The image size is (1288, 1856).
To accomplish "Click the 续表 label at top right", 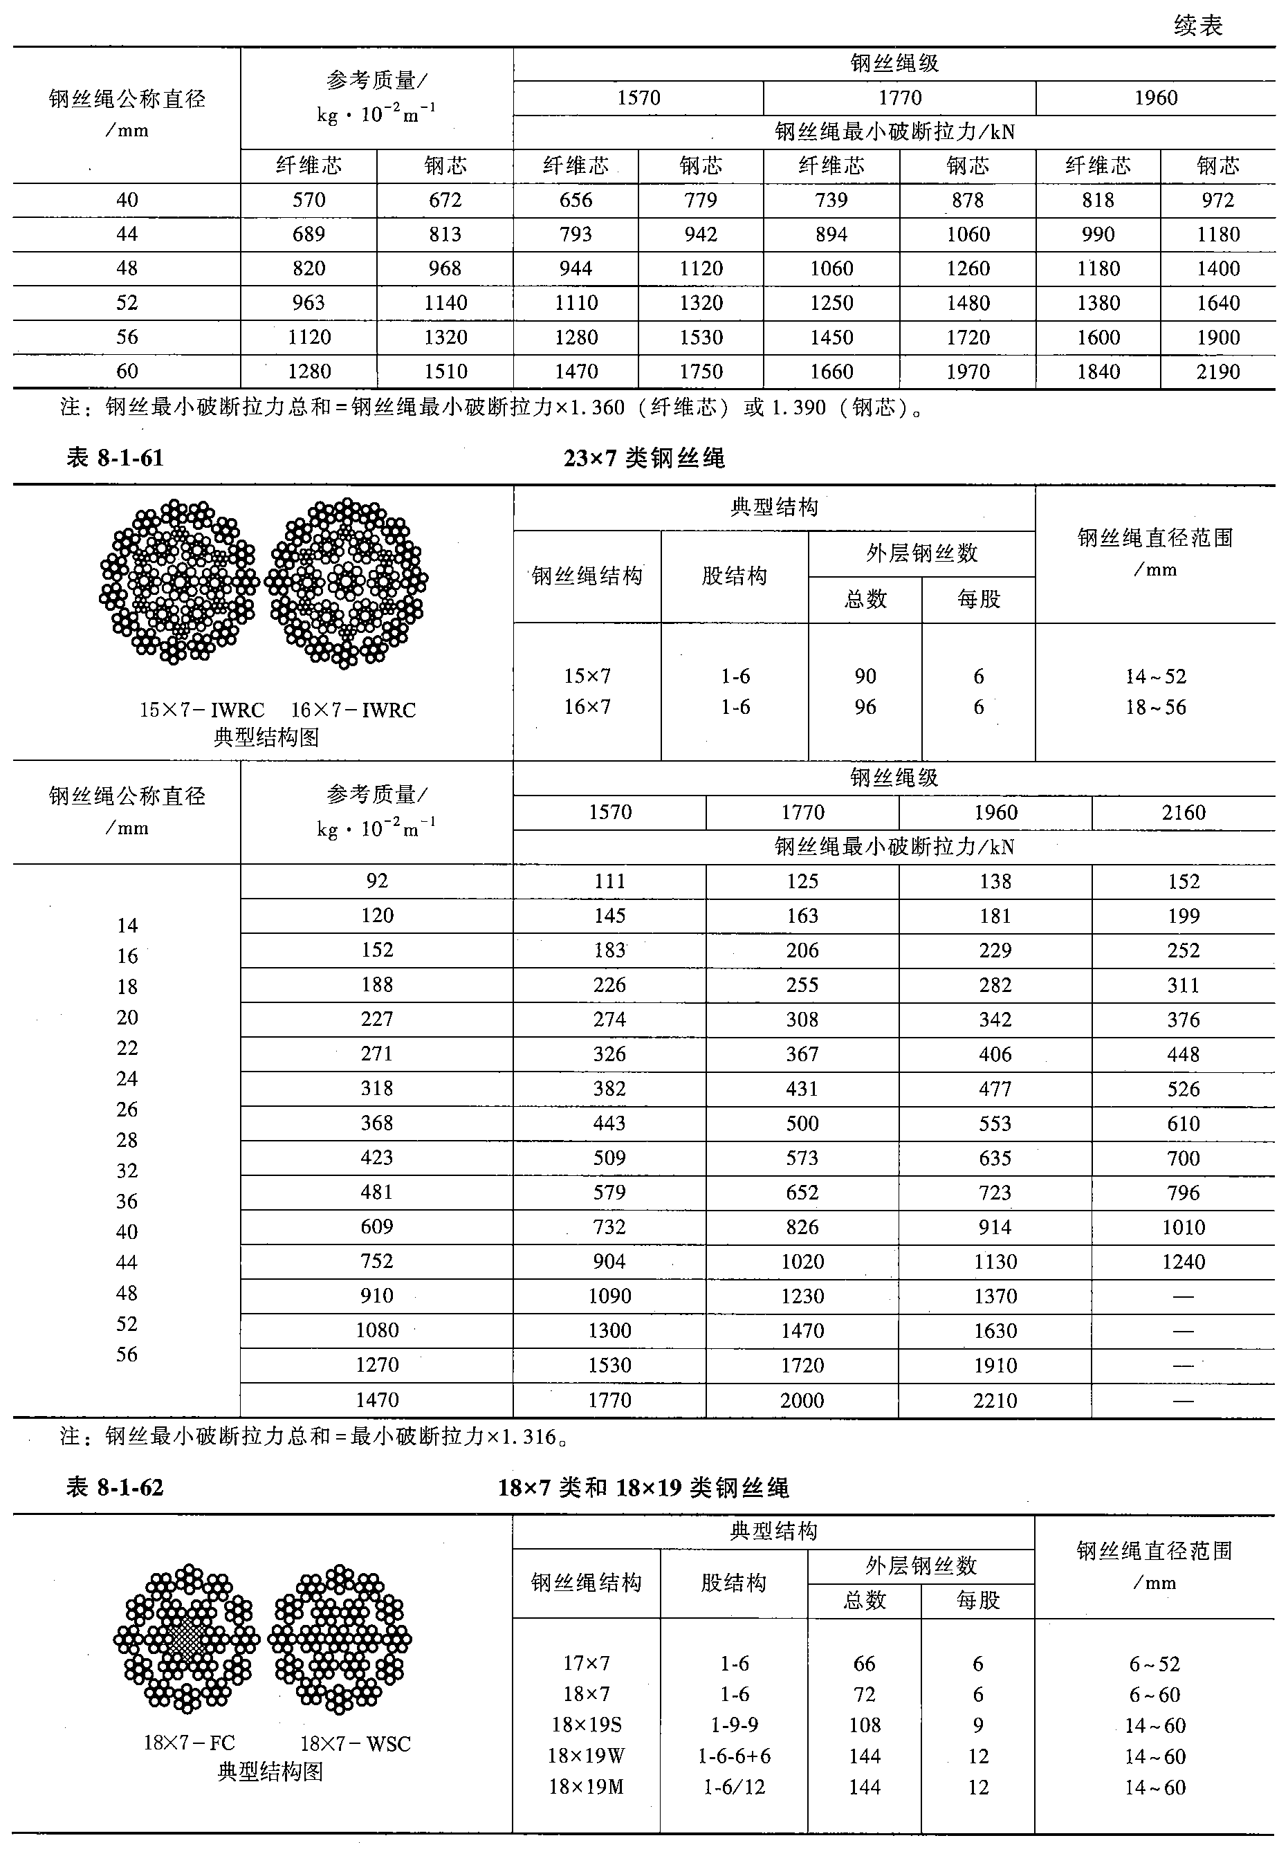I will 1197,26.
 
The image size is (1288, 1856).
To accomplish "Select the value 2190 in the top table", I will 1217,371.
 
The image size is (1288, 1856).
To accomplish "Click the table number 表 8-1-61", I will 115,459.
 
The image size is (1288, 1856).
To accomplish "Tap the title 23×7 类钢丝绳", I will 644,459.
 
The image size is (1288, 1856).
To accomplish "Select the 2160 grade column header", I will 1183,813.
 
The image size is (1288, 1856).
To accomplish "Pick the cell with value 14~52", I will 1156,677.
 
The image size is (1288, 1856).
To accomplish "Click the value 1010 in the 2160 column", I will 1183,1227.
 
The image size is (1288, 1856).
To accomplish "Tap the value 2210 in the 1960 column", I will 995,1400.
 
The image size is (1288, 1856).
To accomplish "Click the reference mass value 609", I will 377,1226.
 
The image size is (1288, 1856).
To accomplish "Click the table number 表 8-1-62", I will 115,1487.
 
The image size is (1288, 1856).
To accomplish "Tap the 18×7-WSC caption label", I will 355,1744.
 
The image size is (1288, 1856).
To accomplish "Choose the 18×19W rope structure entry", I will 587,1756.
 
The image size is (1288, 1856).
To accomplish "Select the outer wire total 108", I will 865,1725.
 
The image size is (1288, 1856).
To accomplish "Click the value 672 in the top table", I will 445,200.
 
